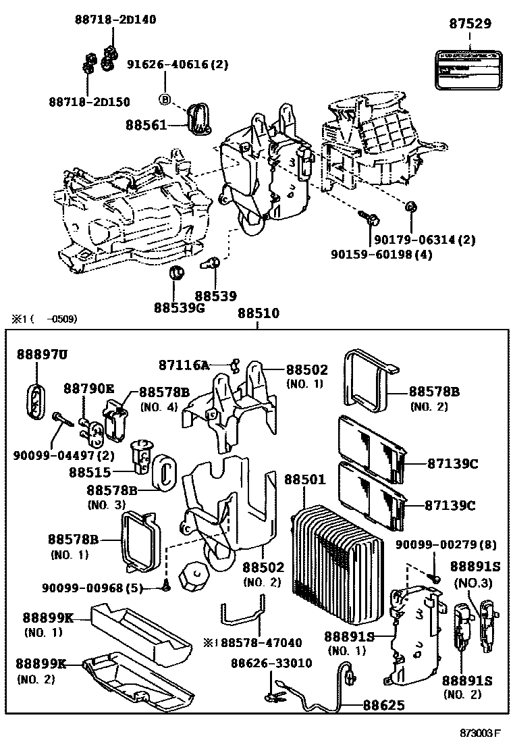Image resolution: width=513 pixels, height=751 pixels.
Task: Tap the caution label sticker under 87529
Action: click(470, 68)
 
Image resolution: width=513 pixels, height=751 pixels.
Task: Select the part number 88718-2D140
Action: click(115, 20)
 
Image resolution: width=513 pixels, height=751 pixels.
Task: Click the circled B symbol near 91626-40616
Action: click(163, 100)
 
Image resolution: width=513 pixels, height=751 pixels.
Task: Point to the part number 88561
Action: click(145, 125)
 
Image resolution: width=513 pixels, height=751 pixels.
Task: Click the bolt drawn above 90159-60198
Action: click(370, 218)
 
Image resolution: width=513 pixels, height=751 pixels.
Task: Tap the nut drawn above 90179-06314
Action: click(410, 207)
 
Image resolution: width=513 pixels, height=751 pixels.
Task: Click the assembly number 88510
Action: click(257, 314)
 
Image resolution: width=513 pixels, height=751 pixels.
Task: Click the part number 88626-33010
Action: click(271, 663)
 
